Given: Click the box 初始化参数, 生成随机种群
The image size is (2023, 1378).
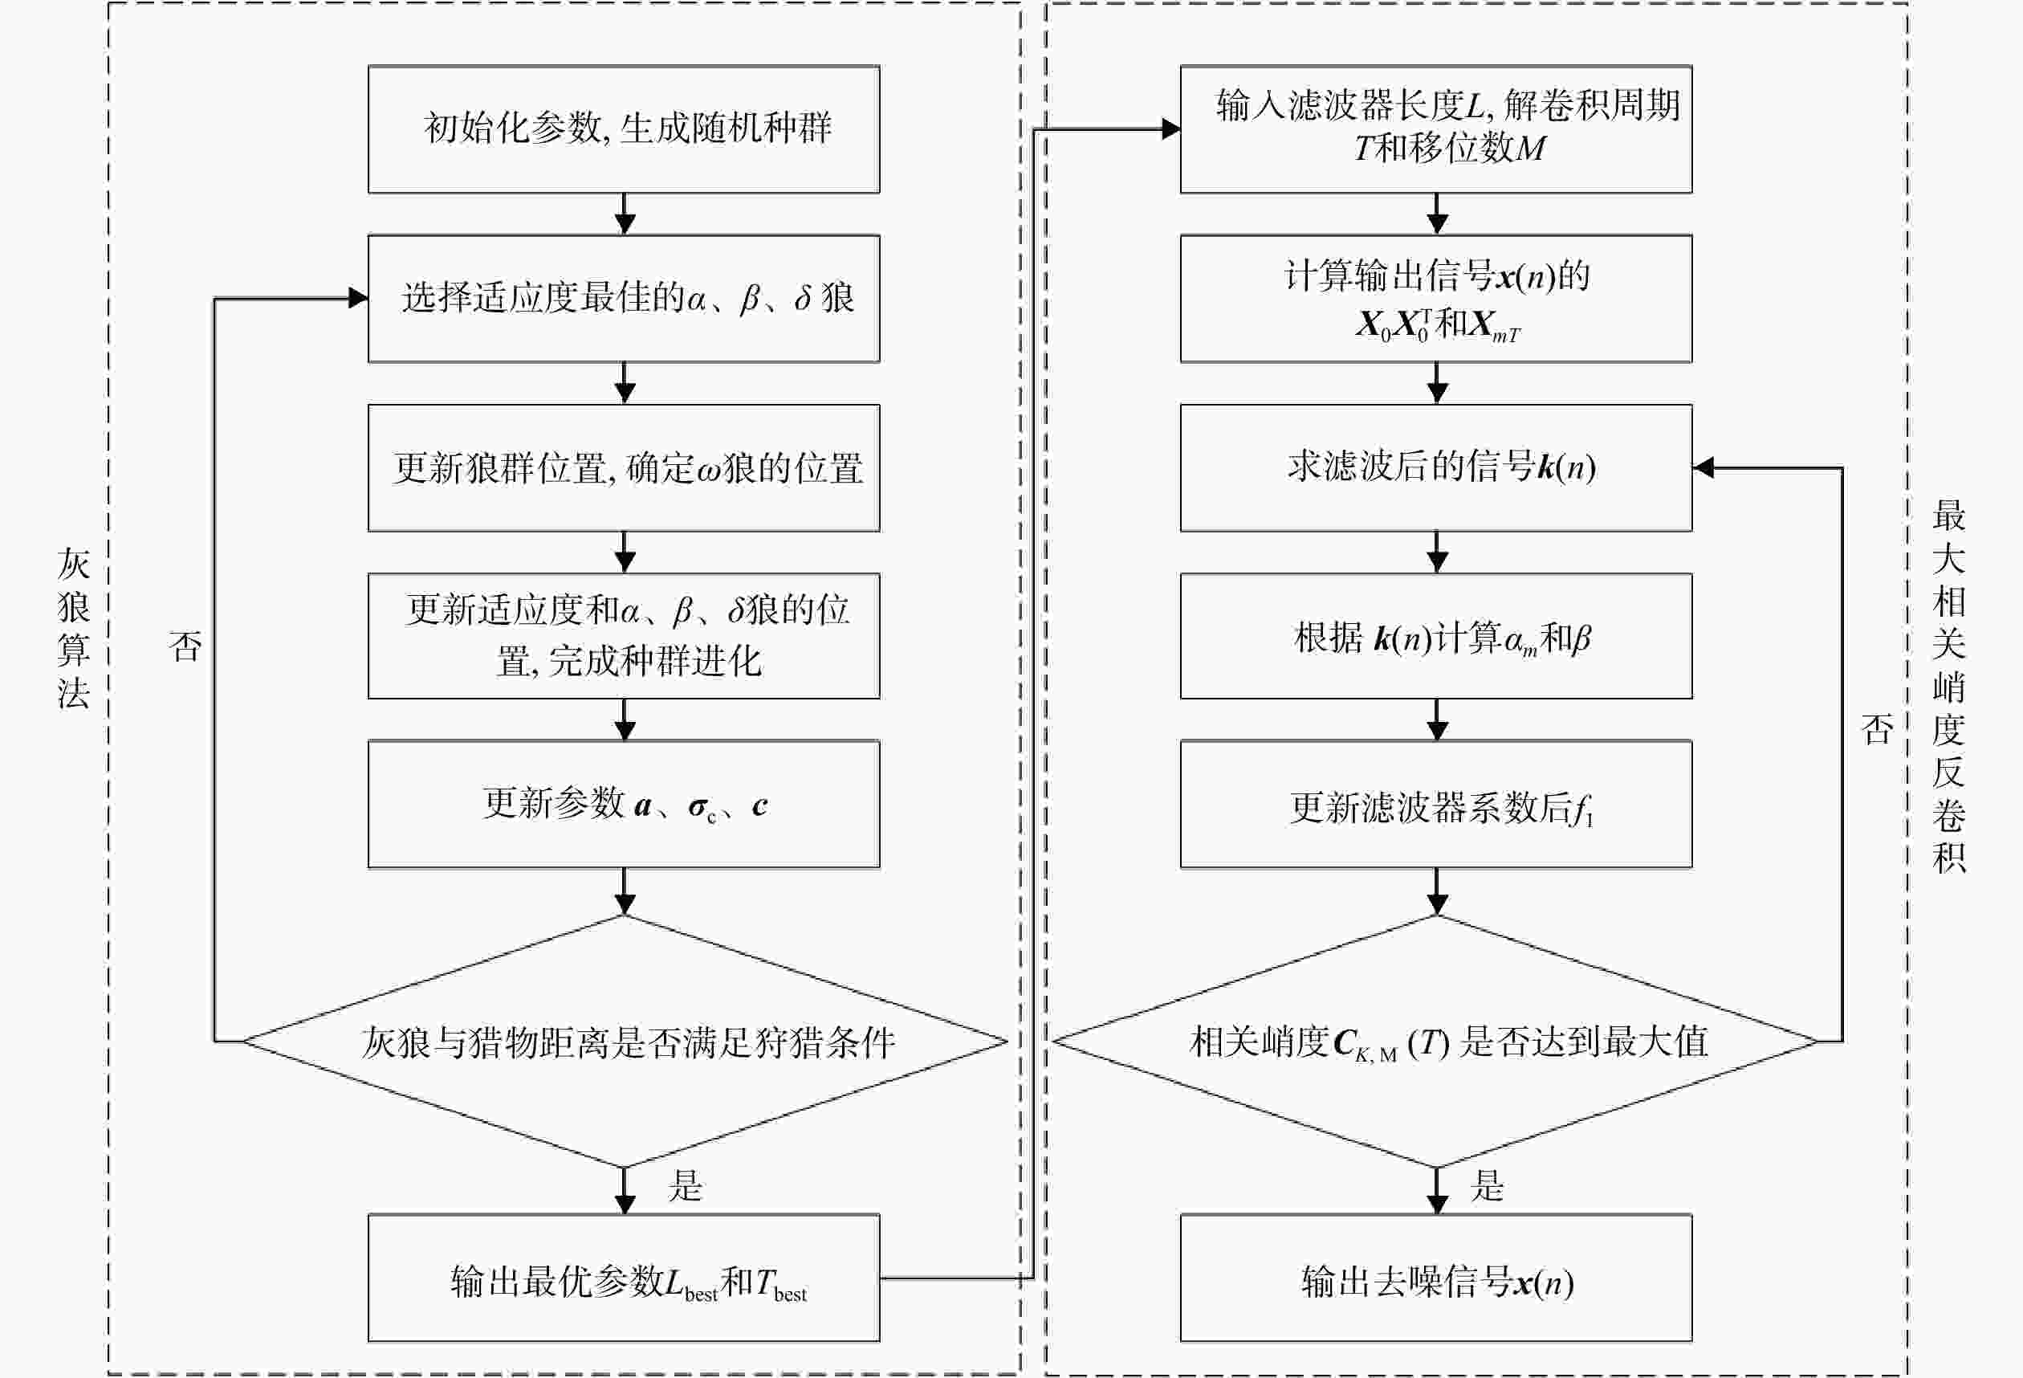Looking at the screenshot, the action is (623, 128).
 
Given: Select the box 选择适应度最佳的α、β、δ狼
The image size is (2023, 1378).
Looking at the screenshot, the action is (623, 299).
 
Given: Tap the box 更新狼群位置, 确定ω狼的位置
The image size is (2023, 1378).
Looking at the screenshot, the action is (623, 467).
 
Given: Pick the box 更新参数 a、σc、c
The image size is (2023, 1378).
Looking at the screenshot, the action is (623, 805).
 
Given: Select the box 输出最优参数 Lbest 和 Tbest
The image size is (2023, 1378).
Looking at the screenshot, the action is (623, 1278).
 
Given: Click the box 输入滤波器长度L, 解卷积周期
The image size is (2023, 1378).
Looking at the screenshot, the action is (1436, 128).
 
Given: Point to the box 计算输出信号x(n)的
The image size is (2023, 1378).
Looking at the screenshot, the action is (1436, 299).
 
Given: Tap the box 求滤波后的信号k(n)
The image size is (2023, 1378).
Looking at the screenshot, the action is (1436, 467).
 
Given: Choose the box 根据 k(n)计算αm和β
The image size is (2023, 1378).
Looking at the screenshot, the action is (1436, 635).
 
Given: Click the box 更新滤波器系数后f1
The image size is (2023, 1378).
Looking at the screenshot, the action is (1436, 805).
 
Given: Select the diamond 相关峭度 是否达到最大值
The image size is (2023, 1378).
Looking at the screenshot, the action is (1436, 1041).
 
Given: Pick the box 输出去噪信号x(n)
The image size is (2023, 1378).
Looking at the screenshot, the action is (1436, 1278).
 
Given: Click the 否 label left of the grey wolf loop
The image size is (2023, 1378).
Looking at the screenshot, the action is (185, 646).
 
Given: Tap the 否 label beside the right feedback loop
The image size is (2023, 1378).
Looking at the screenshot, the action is (1878, 728).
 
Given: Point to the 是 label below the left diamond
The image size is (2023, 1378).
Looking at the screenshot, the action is (685, 1185).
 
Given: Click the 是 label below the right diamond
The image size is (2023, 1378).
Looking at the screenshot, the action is (1488, 1185).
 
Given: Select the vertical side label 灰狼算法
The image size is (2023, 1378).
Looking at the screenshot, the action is (74, 629).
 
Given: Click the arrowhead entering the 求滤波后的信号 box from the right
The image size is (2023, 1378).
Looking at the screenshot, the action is (1703, 467).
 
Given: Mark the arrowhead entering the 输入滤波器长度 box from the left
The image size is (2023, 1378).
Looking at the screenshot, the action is (1170, 128).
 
